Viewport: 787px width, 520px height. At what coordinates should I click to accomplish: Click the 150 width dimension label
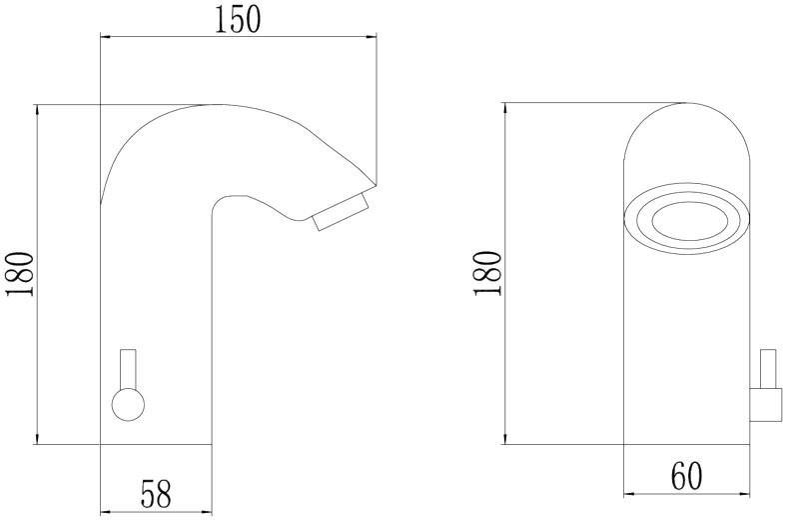[239, 20]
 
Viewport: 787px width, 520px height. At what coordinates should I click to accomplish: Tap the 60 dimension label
[687, 476]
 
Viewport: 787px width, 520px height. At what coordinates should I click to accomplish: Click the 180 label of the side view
[20, 274]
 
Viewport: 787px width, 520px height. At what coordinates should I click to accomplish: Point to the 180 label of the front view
[487, 274]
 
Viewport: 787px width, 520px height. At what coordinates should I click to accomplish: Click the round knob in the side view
[128, 404]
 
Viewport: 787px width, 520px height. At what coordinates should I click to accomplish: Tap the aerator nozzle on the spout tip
[342, 212]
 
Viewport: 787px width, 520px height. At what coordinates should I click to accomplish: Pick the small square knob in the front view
[766, 404]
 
